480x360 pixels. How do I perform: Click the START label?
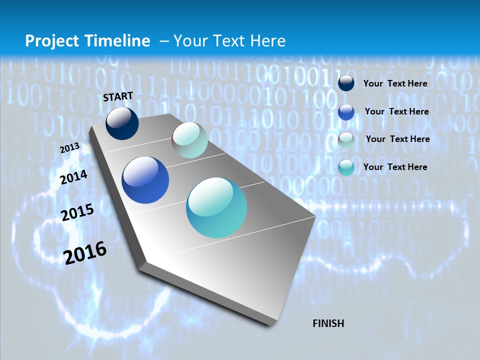tap(118, 96)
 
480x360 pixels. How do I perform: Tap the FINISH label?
tap(328, 323)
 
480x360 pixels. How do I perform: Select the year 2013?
tap(69, 148)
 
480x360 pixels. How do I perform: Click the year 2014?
tap(73, 177)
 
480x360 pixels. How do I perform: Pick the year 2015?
tap(77, 212)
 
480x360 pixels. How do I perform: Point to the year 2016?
tap(85, 253)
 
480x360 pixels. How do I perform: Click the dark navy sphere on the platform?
tap(122, 123)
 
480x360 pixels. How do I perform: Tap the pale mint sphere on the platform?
tap(189, 140)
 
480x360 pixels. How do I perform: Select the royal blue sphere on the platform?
tap(145, 180)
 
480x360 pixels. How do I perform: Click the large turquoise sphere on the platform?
tap(216, 207)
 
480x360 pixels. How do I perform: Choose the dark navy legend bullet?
tap(346, 83)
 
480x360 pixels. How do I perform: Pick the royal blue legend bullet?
tap(346, 112)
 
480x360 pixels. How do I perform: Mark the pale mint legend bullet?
tap(346, 140)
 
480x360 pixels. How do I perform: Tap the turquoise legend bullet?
tap(346, 167)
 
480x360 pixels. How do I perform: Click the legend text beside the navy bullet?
tap(395, 83)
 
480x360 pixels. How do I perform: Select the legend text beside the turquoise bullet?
tap(395, 167)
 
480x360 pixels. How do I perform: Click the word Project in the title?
tap(52, 41)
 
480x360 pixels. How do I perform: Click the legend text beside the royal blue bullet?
tap(396, 111)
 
